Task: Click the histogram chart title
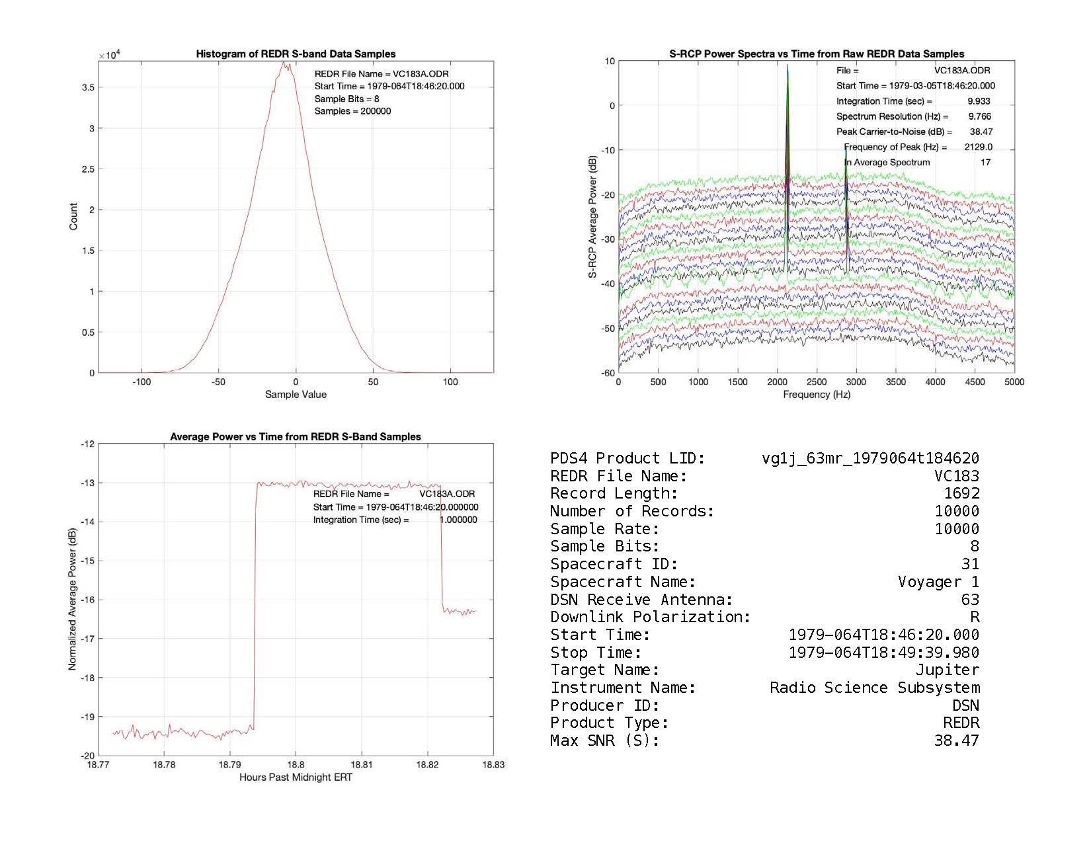tap(296, 54)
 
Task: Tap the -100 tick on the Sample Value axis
tap(141, 381)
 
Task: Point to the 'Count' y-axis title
tap(73, 216)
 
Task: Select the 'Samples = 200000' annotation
tap(352, 111)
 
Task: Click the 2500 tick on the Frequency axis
tap(817, 381)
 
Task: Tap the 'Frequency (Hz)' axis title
tap(817, 395)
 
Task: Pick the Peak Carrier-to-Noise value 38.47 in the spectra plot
tap(981, 132)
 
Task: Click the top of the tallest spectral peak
tap(788, 65)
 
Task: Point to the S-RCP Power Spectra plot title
tap(817, 54)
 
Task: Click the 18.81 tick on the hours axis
tap(361, 764)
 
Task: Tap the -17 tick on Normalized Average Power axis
tap(87, 639)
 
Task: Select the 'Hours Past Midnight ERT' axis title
tap(296, 778)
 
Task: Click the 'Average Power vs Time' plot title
tap(296, 437)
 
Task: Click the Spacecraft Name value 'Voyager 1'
tap(938, 582)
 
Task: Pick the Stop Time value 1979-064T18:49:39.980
tap(884, 653)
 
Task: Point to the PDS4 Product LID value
tap(870, 458)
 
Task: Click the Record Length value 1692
tap(961, 493)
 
